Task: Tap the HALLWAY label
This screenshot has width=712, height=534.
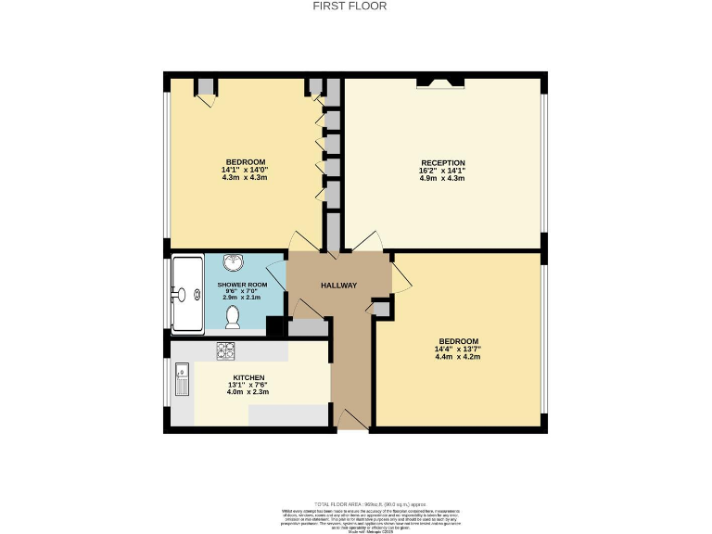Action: tap(338, 285)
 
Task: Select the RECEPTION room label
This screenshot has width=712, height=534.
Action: tap(442, 163)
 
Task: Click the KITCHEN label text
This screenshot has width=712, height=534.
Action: tap(248, 377)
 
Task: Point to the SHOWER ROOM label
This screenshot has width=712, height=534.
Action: tap(242, 285)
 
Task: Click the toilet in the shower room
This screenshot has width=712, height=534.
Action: tap(233, 318)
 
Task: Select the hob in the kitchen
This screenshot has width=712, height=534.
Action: tap(225, 350)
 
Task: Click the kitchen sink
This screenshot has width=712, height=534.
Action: tap(183, 382)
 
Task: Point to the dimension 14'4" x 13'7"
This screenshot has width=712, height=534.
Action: tap(459, 349)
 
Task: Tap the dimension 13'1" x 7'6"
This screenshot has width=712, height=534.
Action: tap(248, 385)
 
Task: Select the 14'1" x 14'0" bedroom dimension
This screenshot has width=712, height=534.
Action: tap(245, 170)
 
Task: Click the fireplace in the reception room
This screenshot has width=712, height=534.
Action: tap(440, 83)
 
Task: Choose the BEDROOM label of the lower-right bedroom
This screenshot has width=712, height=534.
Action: tap(459, 341)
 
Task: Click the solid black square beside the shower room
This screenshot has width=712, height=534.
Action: tap(274, 326)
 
